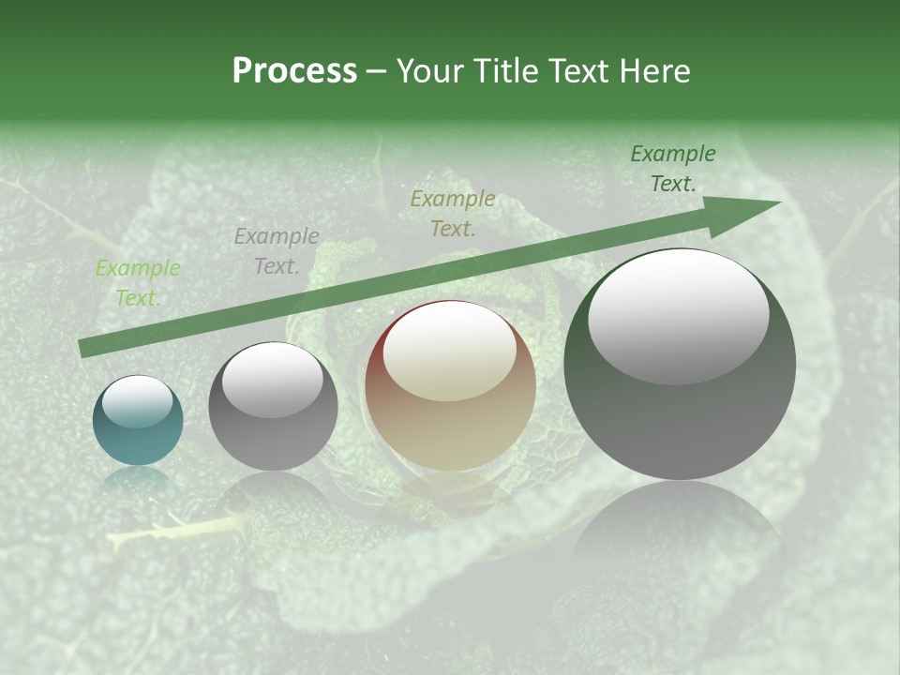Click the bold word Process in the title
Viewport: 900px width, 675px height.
(294, 71)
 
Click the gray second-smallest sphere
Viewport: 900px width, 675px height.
(273, 407)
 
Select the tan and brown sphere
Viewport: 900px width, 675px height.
(450, 386)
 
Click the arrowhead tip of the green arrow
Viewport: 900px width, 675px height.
(778, 203)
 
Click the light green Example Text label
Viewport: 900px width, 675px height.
(138, 283)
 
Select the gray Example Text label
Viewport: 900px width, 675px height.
(277, 251)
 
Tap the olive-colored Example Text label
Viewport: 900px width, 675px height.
(453, 213)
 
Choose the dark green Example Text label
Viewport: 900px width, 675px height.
(673, 169)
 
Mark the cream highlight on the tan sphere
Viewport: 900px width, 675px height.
(449, 352)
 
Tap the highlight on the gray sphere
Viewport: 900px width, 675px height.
(273, 380)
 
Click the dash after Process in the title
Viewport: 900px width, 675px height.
(377, 71)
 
